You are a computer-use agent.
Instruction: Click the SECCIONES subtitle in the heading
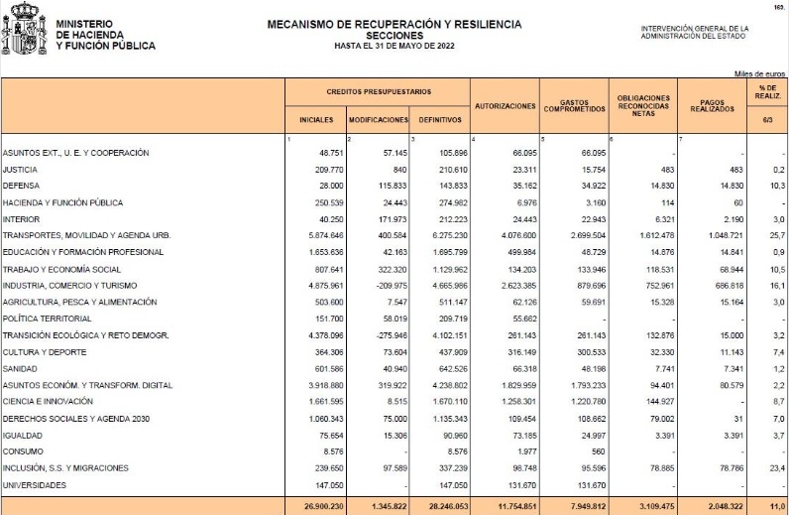pos(394,34)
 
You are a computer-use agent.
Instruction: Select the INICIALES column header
pos(316,120)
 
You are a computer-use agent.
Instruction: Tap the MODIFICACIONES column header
pos(379,120)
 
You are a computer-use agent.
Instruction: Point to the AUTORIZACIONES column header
pos(506,105)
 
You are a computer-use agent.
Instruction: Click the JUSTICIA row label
pos(21,170)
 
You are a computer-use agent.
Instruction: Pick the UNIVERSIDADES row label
pos(35,485)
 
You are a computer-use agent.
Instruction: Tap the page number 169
pos(777,7)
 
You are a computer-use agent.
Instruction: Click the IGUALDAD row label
pos(21,435)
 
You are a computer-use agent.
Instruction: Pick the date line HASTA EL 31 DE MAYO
pos(394,45)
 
